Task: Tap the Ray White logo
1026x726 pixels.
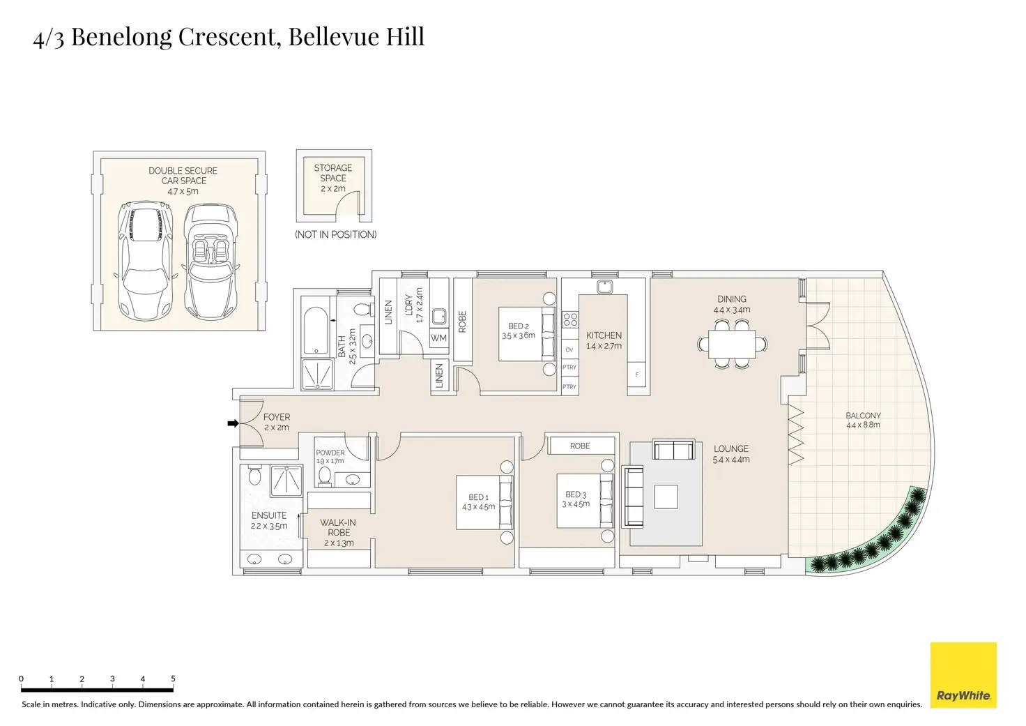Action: click(963, 675)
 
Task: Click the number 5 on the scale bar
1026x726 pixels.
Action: click(173, 679)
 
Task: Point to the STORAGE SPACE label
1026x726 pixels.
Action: click(333, 173)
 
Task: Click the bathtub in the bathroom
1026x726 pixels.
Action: click(316, 331)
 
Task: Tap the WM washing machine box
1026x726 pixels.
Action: click(438, 338)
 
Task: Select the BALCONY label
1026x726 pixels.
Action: click(863, 416)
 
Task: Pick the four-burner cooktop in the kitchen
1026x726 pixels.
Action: click(570, 320)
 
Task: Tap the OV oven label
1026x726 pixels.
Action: click(569, 350)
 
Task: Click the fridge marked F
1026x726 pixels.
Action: click(636, 375)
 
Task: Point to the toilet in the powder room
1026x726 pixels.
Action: click(324, 475)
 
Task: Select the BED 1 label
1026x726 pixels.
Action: click(478, 497)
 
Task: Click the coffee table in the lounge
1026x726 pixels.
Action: click(666, 497)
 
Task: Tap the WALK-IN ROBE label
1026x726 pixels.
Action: click(338, 527)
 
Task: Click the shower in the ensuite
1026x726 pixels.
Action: click(286, 480)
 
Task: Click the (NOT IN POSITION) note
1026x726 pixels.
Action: click(335, 235)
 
